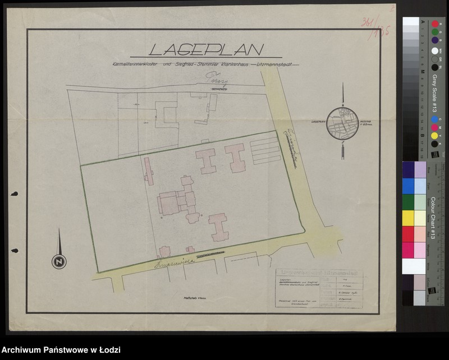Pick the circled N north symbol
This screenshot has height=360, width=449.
pyautogui.click(x=57, y=261)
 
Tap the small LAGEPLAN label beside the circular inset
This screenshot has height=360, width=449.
pyautogui.click(x=315, y=120)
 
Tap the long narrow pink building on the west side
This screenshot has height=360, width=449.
pyautogui.click(x=148, y=170)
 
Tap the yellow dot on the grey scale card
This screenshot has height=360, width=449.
pyautogui.click(x=434, y=136)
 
